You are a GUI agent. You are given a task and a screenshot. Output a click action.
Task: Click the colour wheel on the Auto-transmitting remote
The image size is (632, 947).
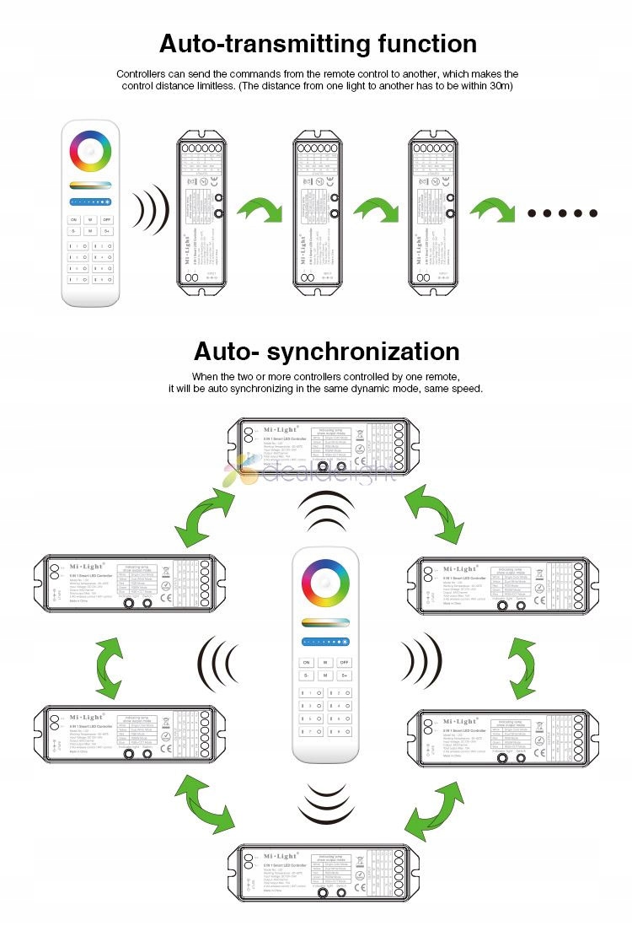click(90, 150)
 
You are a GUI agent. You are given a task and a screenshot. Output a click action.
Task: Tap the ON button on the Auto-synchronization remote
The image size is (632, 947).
click(306, 663)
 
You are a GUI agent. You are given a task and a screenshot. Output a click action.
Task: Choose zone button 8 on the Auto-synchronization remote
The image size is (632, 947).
click(335, 732)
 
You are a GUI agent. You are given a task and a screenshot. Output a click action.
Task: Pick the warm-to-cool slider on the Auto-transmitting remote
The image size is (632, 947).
click(90, 184)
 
